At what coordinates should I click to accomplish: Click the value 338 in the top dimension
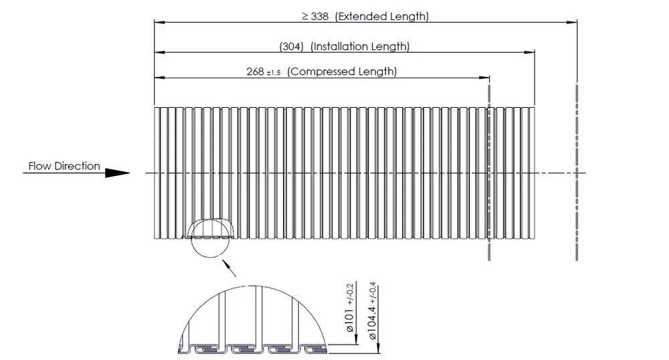click(x=320, y=17)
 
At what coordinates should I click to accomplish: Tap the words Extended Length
click(x=382, y=17)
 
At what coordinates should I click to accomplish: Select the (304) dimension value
click(x=292, y=46)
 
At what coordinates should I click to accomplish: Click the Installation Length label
click(x=360, y=46)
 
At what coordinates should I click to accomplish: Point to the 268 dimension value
click(x=255, y=72)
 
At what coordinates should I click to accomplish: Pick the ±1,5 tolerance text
click(x=274, y=73)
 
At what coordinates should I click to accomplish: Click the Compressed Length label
click(x=342, y=71)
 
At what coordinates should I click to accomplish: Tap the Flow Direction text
click(x=64, y=166)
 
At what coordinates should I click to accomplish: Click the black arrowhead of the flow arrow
click(x=117, y=173)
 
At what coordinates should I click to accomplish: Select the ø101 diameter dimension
click(x=349, y=319)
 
